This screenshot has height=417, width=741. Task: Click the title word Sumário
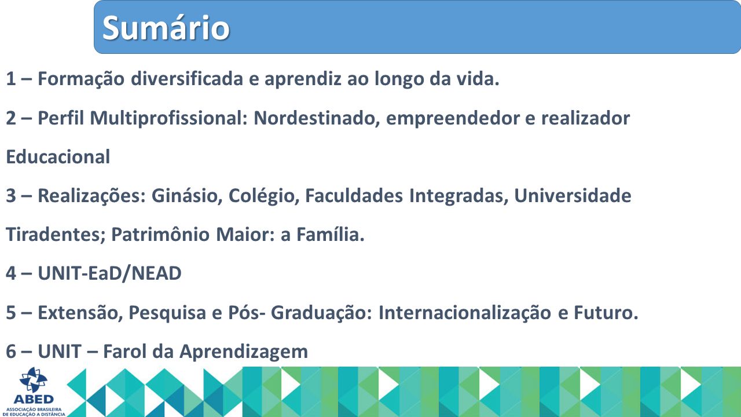click(166, 28)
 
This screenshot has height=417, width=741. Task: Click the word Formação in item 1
click(81, 79)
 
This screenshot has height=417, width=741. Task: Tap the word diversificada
click(187, 79)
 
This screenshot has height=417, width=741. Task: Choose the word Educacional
click(58, 157)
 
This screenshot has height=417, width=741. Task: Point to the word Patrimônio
click(160, 235)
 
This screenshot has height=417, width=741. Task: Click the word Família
click(330, 235)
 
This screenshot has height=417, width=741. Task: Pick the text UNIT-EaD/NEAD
click(110, 273)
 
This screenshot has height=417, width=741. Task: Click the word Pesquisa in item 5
click(167, 313)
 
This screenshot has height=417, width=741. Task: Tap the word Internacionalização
click(465, 313)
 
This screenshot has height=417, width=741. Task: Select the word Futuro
click(606, 312)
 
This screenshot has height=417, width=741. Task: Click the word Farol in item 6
click(124, 351)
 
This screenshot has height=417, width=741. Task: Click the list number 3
click(10, 196)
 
